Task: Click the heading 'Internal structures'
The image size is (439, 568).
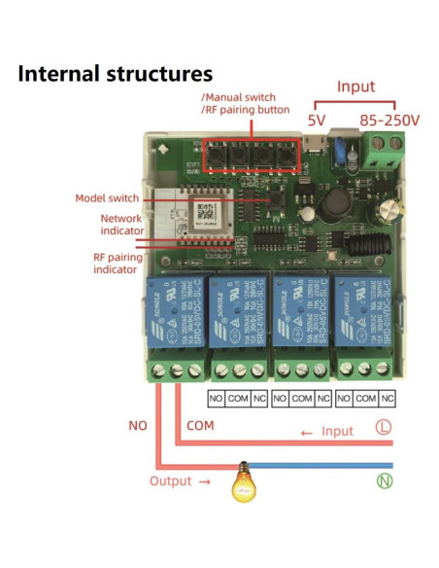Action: tap(115, 73)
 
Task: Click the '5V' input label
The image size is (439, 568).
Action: tap(317, 122)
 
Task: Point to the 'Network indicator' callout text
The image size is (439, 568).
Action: tap(122, 226)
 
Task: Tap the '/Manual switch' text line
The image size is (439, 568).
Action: tap(238, 97)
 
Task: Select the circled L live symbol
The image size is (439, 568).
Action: tap(385, 427)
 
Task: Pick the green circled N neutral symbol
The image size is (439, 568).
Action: tap(385, 480)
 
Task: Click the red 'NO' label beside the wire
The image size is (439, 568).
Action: tap(138, 426)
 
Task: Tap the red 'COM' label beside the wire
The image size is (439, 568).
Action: tap(199, 426)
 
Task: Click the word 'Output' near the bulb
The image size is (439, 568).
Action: tap(170, 480)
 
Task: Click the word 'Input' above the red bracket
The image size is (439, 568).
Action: tap(355, 87)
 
